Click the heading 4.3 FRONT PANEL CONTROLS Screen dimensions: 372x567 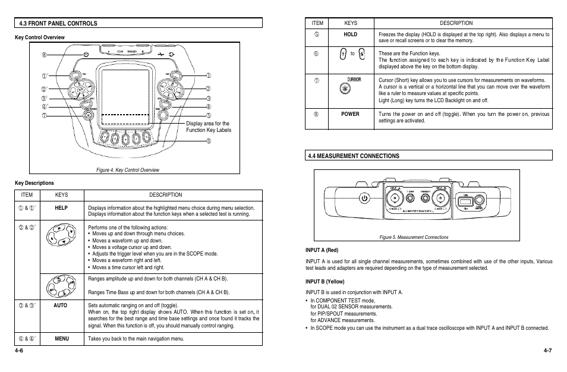point(58,23)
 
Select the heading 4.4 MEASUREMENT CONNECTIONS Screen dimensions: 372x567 point(353,156)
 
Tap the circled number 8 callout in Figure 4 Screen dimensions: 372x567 point(44,55)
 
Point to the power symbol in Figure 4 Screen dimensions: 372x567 point(86,54)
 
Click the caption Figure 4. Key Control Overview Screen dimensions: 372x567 point(128,170)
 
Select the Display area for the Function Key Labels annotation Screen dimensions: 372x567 point(209,127)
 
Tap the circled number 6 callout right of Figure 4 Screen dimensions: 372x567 point(209,141)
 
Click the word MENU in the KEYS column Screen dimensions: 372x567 point(62,339)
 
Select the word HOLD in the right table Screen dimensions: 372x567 point(351,34)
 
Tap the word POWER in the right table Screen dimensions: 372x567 point(351,114)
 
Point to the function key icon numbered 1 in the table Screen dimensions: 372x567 point(344,54)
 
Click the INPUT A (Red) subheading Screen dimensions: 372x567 point(322,250)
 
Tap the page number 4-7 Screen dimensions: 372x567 point(547,350)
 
